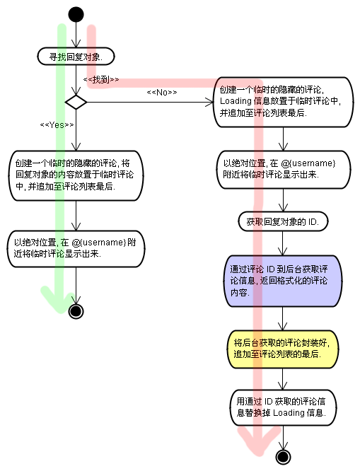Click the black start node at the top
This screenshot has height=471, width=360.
pos(76,15)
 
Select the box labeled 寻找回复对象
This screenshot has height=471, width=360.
pos(75,56)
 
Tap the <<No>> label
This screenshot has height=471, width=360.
pos(161,93)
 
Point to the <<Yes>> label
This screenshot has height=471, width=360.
pos(57,124)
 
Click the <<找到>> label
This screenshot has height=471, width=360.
pos(101,80)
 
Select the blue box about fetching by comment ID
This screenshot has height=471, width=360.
pos(283,281)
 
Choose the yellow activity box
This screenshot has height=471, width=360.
pos(283,348)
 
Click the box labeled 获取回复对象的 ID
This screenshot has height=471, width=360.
pos(283,222)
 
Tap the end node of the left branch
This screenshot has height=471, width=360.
pos(76,310)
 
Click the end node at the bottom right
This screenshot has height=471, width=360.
pos(284,457)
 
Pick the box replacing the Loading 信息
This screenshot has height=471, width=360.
pos(283,407)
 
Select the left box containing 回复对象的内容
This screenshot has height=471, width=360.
pos(76,175)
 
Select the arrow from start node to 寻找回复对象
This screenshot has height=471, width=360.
pos(76,35)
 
